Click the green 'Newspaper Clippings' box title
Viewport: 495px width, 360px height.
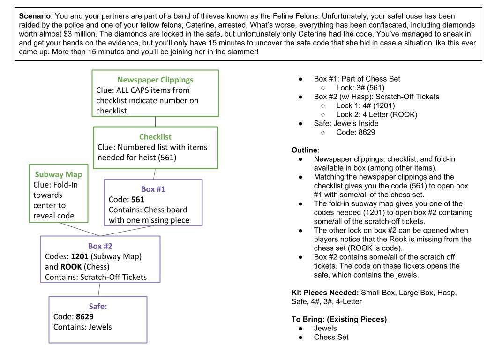coord(155,80)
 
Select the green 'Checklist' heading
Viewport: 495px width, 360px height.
coord(155,137)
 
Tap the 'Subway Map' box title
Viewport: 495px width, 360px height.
coord(58,174)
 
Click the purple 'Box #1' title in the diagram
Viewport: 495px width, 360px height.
coord(153,189)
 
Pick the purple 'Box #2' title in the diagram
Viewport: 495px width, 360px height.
coord(100,246)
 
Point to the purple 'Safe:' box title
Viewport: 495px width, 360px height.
coord(98,307)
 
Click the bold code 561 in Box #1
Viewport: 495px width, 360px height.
coord(137,200)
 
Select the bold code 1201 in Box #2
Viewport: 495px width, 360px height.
coord(79,256)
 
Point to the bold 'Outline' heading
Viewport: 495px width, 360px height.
coord(305,150)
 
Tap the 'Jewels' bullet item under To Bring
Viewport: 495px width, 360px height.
coord(325,328)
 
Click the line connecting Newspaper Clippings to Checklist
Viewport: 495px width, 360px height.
coord(155,121)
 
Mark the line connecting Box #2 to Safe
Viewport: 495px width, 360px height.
coord(100,289)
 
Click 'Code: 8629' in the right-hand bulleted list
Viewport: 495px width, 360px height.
coord(355,132)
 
